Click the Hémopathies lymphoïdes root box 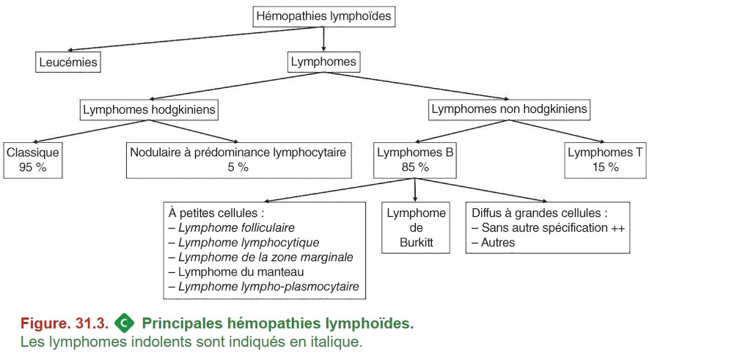point(323,16)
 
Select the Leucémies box point(68,62)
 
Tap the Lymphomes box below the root point(323,62)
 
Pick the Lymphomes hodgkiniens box point(150,110)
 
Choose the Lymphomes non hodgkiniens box point(509,109)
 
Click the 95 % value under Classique point(33,168)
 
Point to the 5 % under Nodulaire point(238,168)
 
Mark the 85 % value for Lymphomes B point(415,168)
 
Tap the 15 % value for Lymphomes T point(605,168)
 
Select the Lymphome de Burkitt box point(416,227)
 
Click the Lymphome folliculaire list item point(232,227)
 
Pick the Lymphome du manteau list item point(236,272)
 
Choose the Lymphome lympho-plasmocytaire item point(264,287)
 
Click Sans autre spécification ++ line point(549,227)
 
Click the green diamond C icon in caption point(125,323)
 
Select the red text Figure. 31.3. point(65,324)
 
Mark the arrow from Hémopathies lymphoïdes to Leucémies point(193,38)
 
